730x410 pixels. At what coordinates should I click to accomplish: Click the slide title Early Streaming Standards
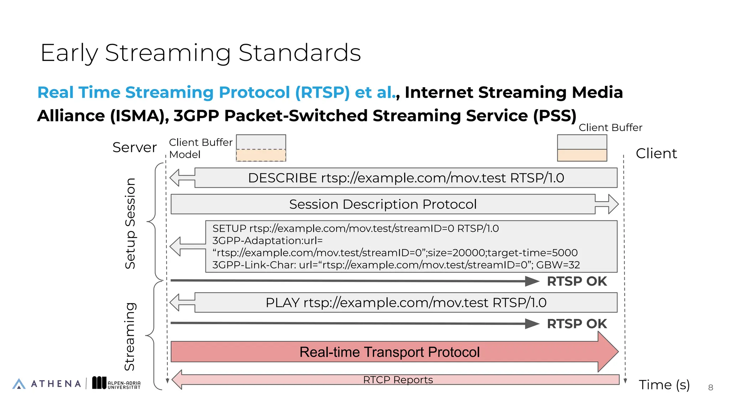[201, 53]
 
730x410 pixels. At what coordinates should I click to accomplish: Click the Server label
[134, 147]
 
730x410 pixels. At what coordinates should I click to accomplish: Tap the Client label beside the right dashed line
[656, 153]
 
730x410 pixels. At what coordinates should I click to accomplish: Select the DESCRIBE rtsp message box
[406, 178]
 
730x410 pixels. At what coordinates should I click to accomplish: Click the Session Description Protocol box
[383, 204]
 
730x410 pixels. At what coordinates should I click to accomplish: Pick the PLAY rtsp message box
[406, 303]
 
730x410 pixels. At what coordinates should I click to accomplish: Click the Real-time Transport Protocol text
[389, 352]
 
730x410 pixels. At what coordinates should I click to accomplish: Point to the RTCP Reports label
[398, 380]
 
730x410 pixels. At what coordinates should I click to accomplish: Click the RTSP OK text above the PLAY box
[576, 281]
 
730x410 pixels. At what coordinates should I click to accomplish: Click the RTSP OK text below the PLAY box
[576, 324]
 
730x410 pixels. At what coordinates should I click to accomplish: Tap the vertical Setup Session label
[130, 223]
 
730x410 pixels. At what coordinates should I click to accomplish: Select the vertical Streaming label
[130, 336]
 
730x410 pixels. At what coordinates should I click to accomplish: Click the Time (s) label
[664, 385]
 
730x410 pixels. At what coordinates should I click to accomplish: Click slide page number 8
[710, 388]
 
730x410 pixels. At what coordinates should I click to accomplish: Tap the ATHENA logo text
[56, 384]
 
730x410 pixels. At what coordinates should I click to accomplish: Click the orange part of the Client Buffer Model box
[261, 155]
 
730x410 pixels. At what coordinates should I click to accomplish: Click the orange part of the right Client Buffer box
[582, 155]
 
